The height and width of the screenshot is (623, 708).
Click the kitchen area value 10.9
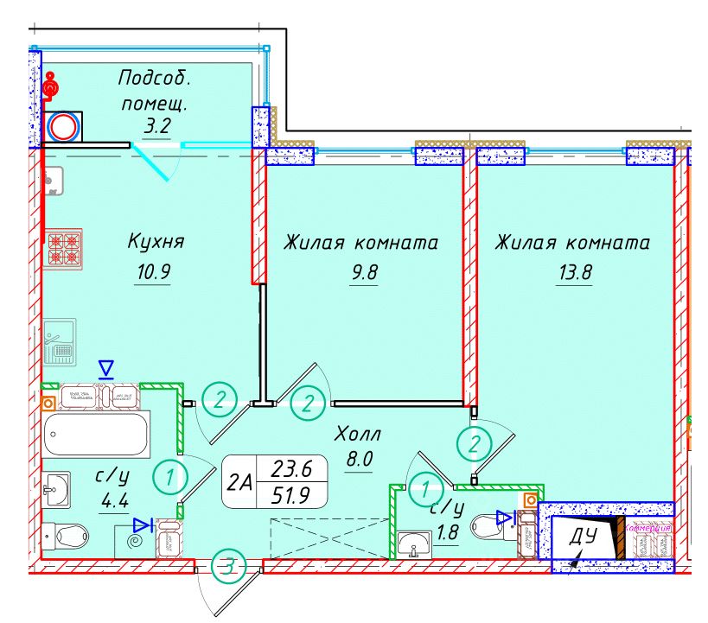tap(154, 272)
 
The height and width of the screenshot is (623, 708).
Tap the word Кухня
tap(156, 241)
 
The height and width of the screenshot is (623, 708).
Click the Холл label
tap(358, 433)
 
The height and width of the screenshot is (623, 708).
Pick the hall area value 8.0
tap(358, 459)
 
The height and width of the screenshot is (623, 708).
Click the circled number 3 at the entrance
tap(227, 567)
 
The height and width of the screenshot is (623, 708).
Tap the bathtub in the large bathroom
tap(96, 433)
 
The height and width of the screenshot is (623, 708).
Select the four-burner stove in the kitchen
tap(63, 247)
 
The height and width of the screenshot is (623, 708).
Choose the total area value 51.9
tap(292, 496)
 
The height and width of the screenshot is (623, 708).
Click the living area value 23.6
tap(292, 469)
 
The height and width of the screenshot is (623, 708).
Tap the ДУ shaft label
tap(584, 537)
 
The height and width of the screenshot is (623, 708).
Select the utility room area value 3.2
tap(156, 127)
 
